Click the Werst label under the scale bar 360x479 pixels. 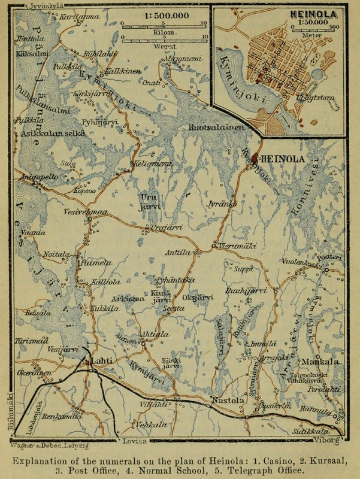coord(164,44)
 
